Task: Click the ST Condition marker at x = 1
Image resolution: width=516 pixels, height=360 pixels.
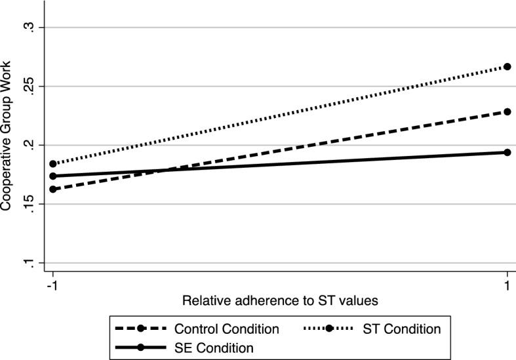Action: (507, 67)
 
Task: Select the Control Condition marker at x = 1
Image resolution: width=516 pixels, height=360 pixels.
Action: (507, 111)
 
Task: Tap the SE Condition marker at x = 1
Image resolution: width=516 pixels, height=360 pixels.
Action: (507, 152)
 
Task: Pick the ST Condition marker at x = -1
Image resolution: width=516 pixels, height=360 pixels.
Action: (53, 164)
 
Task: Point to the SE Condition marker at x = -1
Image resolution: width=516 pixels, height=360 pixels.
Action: (53, 176)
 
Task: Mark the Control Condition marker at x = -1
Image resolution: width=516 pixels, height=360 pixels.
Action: (53, 190)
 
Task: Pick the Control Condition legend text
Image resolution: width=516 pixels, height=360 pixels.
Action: (227, 329)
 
